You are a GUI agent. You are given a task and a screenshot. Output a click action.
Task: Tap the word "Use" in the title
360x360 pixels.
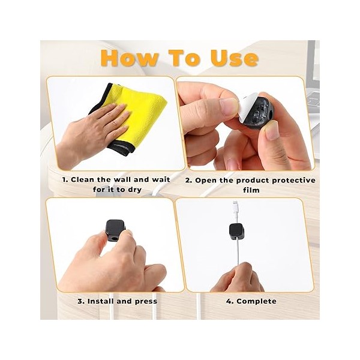point(235,58)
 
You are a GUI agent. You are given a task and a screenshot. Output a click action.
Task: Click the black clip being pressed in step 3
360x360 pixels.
point(115,230)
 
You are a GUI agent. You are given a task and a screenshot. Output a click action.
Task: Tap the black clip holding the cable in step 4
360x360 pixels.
point(236,231)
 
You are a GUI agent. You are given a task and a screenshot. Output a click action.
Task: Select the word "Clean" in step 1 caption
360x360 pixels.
point(83,179)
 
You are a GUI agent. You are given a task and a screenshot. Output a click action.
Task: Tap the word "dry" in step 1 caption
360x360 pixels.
point(134,190)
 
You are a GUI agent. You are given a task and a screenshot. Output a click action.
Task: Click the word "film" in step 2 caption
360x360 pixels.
point(251,190)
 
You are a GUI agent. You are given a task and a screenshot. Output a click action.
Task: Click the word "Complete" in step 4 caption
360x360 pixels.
point(256,301)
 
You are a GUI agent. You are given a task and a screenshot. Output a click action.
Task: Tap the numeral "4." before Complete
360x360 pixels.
point(230,301)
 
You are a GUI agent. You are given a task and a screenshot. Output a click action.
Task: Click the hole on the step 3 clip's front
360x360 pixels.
point(112,238)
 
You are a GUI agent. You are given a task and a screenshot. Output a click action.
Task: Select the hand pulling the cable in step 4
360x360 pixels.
point(237,278)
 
